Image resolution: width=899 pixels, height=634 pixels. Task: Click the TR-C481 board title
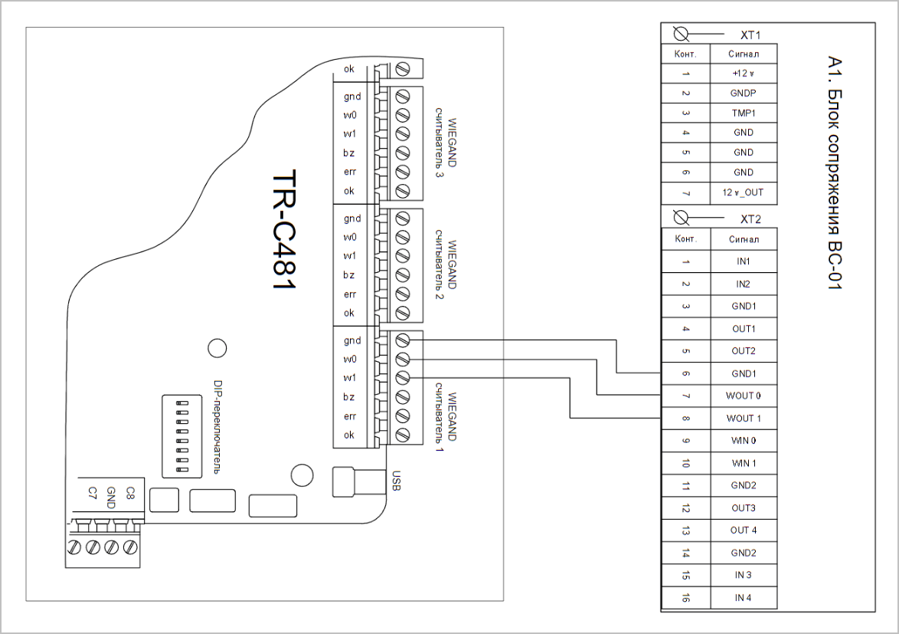pos(284,229)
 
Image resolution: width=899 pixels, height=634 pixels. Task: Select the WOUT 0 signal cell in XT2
pos(744,396)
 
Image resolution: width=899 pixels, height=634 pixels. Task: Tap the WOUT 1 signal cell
pos(744,419)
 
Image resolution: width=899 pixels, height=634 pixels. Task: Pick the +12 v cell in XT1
pos(743,74)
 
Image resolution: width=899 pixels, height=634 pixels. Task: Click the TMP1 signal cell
pos(743,113)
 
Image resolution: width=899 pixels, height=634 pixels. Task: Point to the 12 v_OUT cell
pos(743,192)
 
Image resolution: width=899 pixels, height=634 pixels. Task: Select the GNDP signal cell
pos(743,93)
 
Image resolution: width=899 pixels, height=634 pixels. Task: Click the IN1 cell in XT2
pos(744,261)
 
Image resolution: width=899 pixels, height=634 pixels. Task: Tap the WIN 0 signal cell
pos(744,441)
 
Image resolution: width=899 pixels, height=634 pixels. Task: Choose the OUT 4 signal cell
pos(744,531)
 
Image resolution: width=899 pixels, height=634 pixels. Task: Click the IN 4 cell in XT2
pos(744,598)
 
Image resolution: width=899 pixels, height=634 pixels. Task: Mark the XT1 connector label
pos(750,35)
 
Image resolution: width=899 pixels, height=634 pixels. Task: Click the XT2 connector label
pos(750,219)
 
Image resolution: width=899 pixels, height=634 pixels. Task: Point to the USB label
pos(396,481)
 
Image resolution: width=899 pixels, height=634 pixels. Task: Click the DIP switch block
pos(181,436)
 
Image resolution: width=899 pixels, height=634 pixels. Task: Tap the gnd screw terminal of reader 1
pos(403,340)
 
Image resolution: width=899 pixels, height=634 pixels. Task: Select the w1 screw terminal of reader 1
pos(403,377)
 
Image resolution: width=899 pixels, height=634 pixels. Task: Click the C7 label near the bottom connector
pos(93,493)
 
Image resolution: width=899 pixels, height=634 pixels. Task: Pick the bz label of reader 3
pos(349,153)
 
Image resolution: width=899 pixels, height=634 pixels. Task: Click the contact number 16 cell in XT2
pos(685,598)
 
